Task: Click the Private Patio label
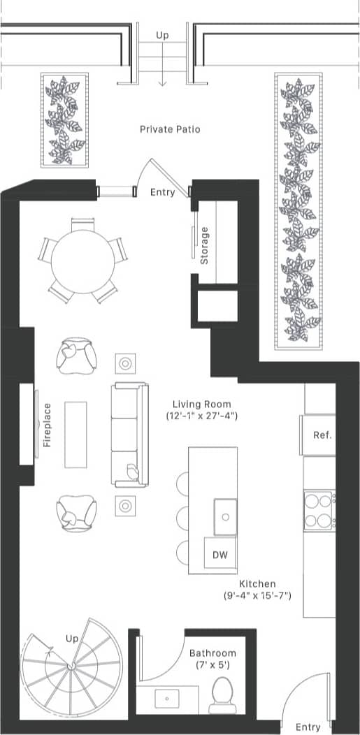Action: tap(170, 129)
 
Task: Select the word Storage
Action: tap(205, 245)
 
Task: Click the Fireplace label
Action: tap(47, 424)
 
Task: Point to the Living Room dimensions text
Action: tap(202, 416)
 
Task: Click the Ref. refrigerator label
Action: tap(322, 435)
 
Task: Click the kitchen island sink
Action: tap(225, 516)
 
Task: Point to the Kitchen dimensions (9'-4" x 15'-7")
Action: tap(257, 595)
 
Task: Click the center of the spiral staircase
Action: tap(70, 667)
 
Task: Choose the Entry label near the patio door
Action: tap(163, 191)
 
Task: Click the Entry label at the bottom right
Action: tap(308, 727)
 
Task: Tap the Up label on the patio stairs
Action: tap(162, 35)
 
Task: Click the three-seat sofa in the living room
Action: tap(129, 435)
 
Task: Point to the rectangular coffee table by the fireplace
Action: tap(76, 434)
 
